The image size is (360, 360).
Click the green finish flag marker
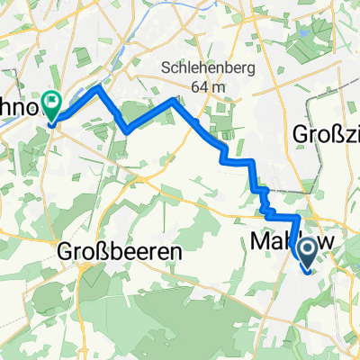tap(51, 107)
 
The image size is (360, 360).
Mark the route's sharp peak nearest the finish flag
tap(97, 88)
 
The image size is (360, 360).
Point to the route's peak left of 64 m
tap(174, 99)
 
